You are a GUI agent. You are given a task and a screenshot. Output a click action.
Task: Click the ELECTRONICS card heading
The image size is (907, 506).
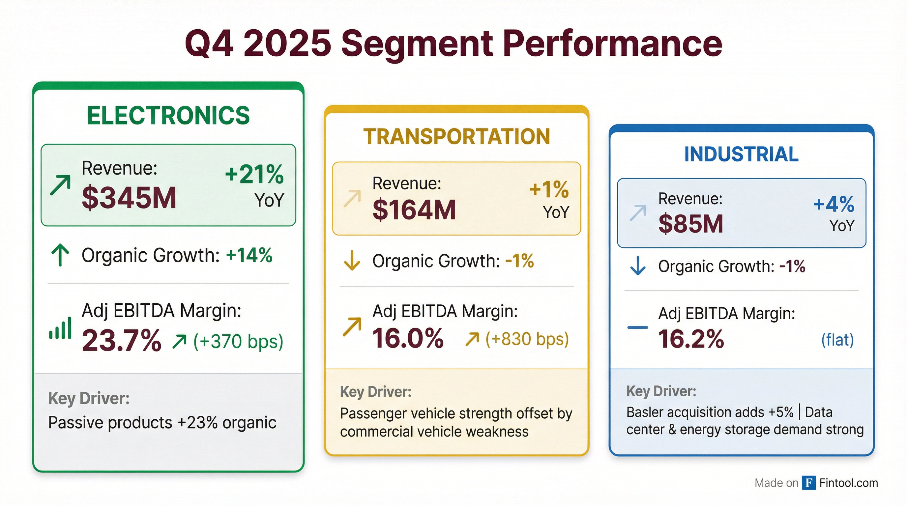coord(168,115)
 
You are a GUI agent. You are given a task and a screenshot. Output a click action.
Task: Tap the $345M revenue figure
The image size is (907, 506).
coord(129,198)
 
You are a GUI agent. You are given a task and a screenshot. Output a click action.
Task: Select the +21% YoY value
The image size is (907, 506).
coord(254,174)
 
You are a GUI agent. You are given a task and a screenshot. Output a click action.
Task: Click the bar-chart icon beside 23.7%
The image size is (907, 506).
coord(60,329)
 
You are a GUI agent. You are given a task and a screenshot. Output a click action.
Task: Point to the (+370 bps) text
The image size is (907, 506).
coord(238,341)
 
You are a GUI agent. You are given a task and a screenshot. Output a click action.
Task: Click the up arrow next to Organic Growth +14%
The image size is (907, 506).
coord(60,255)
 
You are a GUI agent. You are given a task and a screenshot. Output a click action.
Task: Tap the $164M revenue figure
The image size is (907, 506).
coord(414,210)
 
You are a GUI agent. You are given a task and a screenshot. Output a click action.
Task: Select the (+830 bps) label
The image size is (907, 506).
coord(527,339)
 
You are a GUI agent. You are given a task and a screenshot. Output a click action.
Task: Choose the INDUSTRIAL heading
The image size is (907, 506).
coord(741,154)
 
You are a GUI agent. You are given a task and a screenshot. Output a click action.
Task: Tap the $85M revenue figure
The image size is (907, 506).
coord(690,224)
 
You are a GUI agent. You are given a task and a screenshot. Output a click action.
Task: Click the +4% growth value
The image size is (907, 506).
coord(834,204)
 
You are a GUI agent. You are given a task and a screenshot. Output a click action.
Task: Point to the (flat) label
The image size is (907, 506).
coord(837,340)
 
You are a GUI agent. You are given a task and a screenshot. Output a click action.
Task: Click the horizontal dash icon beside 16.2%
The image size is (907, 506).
coord(638,327)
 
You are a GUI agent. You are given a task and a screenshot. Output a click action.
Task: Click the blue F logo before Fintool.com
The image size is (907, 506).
coord(809,483)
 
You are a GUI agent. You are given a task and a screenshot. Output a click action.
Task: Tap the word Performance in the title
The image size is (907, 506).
coord(612,43)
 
